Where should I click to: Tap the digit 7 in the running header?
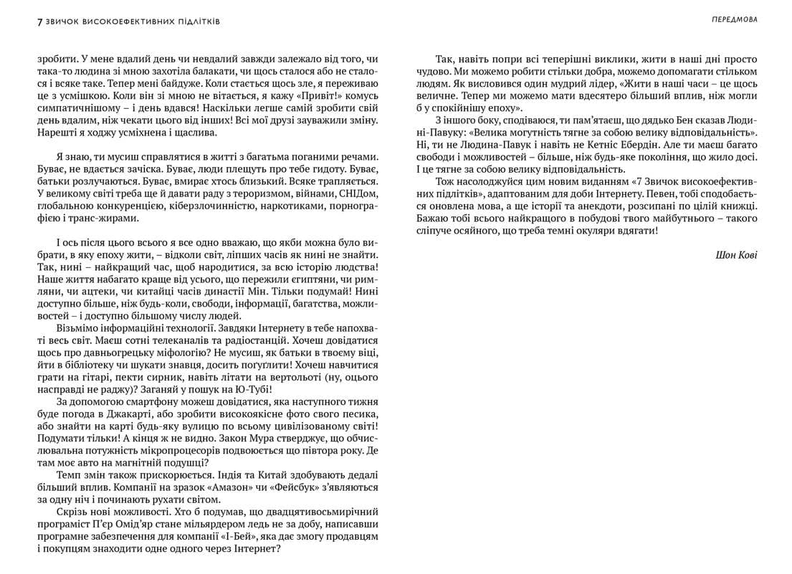(39, 21)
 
